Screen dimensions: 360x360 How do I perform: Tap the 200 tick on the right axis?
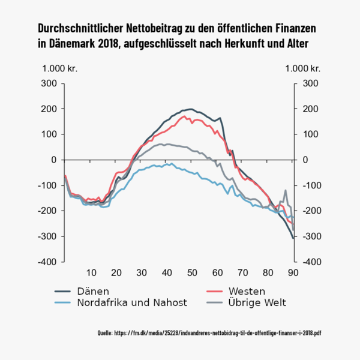(310, 109)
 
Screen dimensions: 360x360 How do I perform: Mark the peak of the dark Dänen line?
(191, 109)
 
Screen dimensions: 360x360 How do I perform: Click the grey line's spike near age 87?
(286, 191)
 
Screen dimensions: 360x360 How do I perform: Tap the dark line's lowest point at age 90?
(293, 238)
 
